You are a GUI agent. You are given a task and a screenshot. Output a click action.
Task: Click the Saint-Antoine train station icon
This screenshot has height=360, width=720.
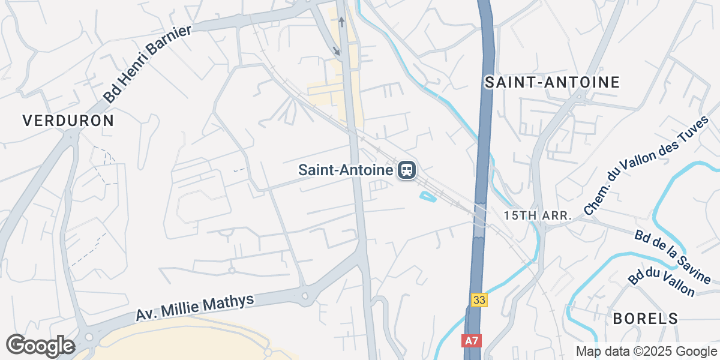tap(407, 170)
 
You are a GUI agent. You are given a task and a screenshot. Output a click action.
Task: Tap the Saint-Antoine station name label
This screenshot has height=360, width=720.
tap(346, 170)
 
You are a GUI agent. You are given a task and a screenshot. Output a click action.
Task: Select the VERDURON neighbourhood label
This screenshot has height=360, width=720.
tap(68, 121)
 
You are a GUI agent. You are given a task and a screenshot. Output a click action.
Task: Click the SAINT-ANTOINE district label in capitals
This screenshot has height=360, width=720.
tap(552, 83)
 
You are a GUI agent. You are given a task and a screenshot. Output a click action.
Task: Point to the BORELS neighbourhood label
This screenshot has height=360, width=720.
tap(646, 319)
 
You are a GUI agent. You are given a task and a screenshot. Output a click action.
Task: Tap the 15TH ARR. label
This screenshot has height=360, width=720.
tap(538, 215)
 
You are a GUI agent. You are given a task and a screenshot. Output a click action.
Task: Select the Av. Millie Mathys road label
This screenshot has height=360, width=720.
tap(195, 308)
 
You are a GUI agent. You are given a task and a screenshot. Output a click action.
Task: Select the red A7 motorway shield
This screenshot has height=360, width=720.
tap(472, 341)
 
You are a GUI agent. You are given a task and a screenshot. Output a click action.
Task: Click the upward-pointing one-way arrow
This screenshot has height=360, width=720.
tap(342, 22)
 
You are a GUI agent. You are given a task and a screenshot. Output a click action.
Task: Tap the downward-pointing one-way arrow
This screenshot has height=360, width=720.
tap(337, 52)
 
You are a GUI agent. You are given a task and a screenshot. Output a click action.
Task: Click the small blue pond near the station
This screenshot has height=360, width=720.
tap(427, 196)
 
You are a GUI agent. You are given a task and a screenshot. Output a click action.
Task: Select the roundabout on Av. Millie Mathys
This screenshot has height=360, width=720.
tap(305, 295)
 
